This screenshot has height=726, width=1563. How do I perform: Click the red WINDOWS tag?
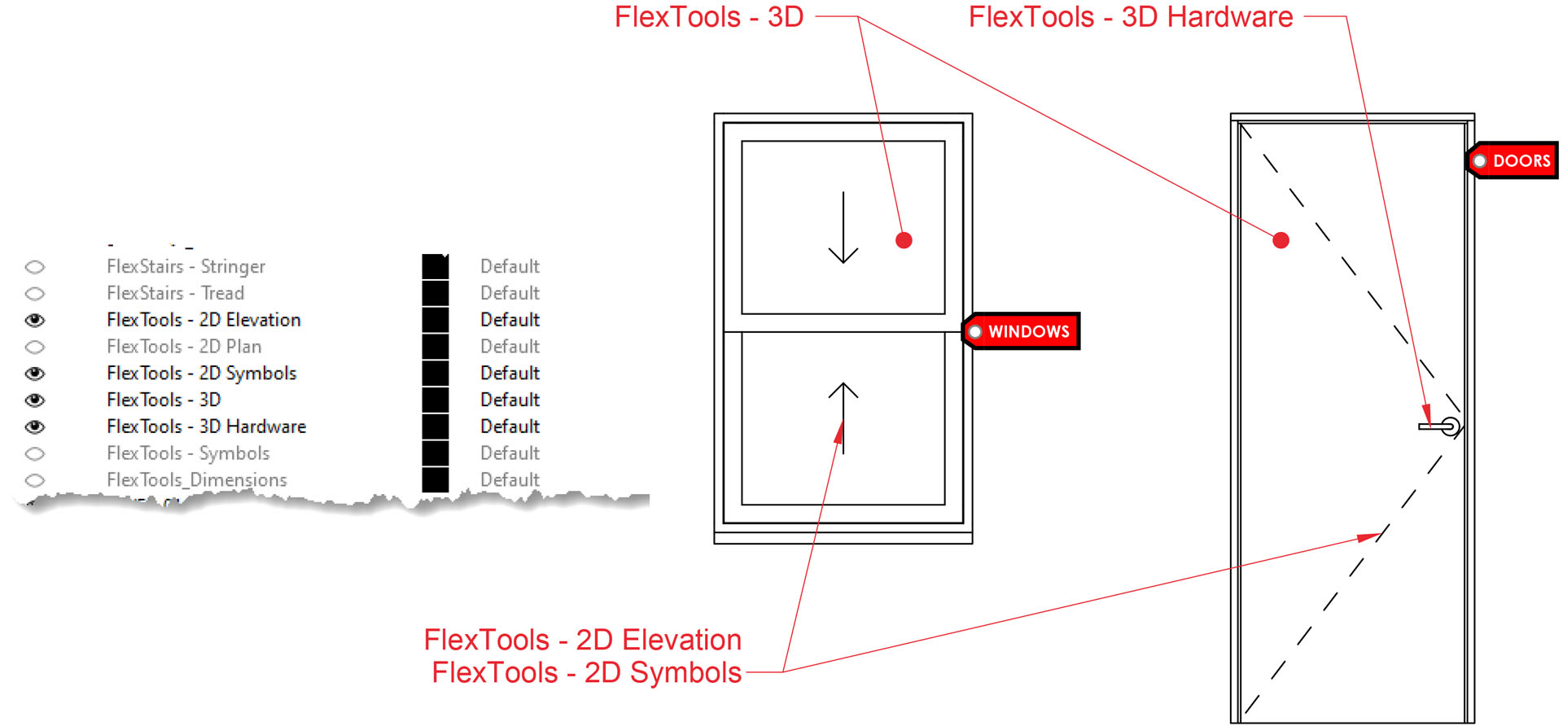click(x=1022, y=331)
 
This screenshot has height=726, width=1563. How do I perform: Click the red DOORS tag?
click(x=1514, y=160)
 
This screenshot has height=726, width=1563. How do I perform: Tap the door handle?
click(x=1440, y=426)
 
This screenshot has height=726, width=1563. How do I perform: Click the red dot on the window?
click(x=904, y=240)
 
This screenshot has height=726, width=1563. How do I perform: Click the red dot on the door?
click(x=1281, y=240)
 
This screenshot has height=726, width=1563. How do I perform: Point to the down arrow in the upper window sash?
click(x=843, y=228)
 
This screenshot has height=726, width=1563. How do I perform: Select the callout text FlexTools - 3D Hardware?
click(x=1130, y=17)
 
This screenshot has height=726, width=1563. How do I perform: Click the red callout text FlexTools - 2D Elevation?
click(x=582, y=640)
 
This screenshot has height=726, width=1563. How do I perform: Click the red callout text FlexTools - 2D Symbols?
click(x=586, y=673)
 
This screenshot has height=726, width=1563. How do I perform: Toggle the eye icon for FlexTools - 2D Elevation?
click(x=35, y=320)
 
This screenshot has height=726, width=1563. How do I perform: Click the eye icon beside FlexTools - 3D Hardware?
click(x=35, y=426)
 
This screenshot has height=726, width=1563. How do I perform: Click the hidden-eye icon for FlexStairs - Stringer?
click(x=35, y=267)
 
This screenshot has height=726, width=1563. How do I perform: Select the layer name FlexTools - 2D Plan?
click(x=184, y=347)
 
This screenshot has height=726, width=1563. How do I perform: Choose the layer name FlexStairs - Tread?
click(x=175, y=293)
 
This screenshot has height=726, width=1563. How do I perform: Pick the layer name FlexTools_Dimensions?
click(x=197, y=480)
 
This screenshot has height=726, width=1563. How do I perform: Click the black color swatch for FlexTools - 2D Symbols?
click(x=436, y=374)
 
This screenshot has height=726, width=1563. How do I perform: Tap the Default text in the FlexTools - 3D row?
click(x=510, y=400)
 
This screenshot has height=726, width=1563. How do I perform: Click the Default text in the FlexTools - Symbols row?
click(x=510, y=453)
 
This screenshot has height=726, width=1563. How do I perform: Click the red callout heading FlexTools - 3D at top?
click(x=708, y=17)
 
